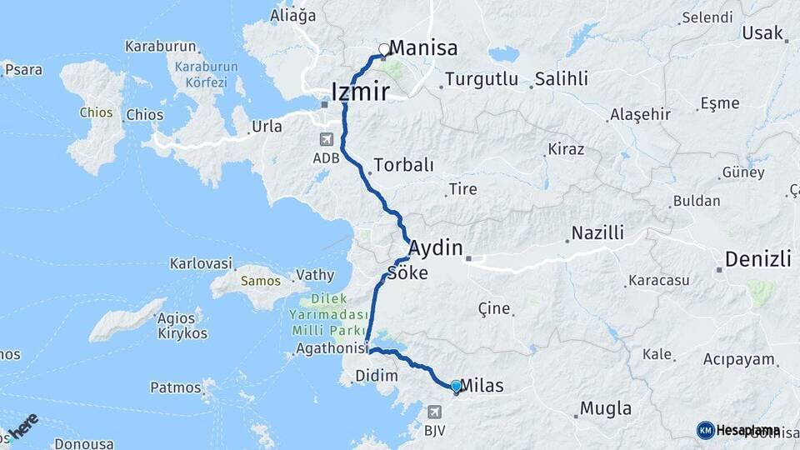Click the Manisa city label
[x=423, y=48]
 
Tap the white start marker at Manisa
[x=384, y=49]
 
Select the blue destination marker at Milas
[x=456, y=386]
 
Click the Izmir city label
[x=360, y=91]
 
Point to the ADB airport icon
[x=324, y=139]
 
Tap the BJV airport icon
[x=433, y=412]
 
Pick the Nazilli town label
[x=597, y=232]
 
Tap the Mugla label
[x=606, y=408]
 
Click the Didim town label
[x=377, y=375]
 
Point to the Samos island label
[x=254, y=280]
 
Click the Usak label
[x=761, y=33]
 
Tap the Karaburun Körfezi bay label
[x=204, y=74]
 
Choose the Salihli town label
[x=562, y=79]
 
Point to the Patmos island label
[x=176, y=387]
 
